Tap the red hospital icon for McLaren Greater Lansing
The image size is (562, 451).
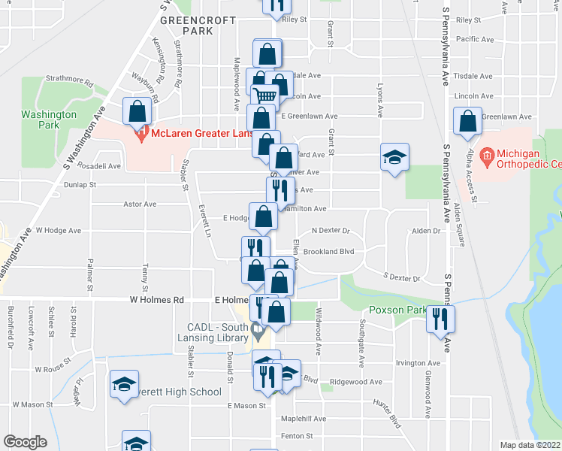click(x=140, y=135)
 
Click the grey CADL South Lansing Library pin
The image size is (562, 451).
click(x=258, y=328)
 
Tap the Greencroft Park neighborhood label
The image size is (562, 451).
click(x=197, y=26)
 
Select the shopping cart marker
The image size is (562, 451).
click(x=264, y=97)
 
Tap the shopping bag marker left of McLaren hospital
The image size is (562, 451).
click(x=137, y=111)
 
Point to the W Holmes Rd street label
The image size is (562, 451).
click(x=157, y=299)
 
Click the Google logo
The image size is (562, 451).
click(x=24, y=441)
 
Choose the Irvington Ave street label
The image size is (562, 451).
click(x=417, y=362)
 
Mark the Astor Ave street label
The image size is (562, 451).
click(x=140, y=204)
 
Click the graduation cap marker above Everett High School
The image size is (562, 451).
click(x=125, y=383)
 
